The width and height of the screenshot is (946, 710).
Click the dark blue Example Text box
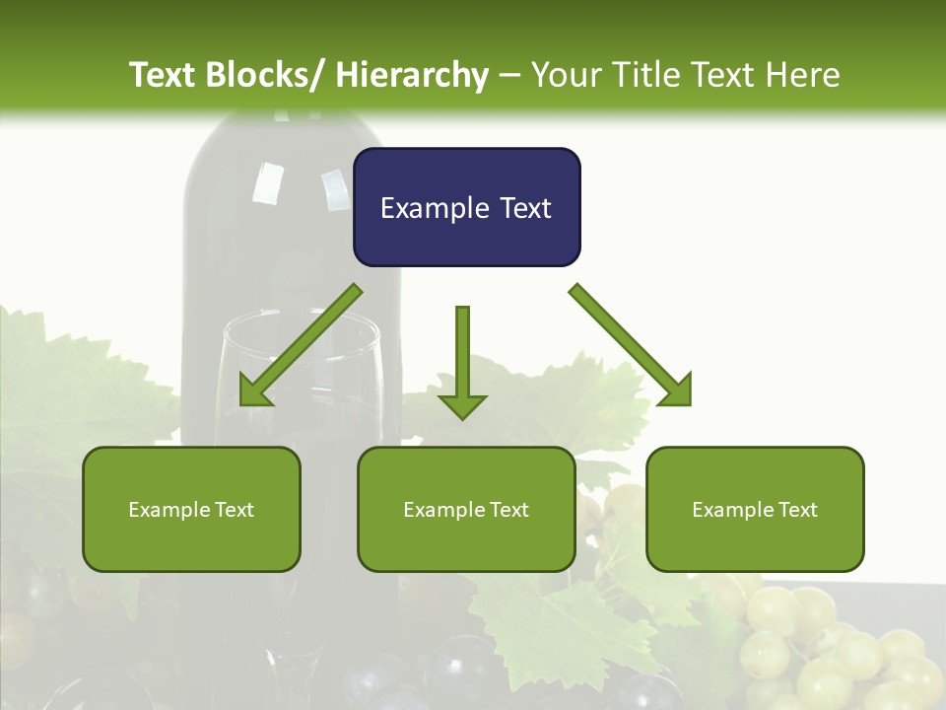(466, 207)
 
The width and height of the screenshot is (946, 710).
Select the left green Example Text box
(191, 509)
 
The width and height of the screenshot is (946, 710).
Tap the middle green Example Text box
(466, 509)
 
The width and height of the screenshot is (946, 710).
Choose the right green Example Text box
(755, 509)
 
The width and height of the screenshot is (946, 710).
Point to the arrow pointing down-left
(301, 346)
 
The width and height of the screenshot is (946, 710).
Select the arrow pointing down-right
(631, 345)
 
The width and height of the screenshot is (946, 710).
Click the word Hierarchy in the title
(412, 75)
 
